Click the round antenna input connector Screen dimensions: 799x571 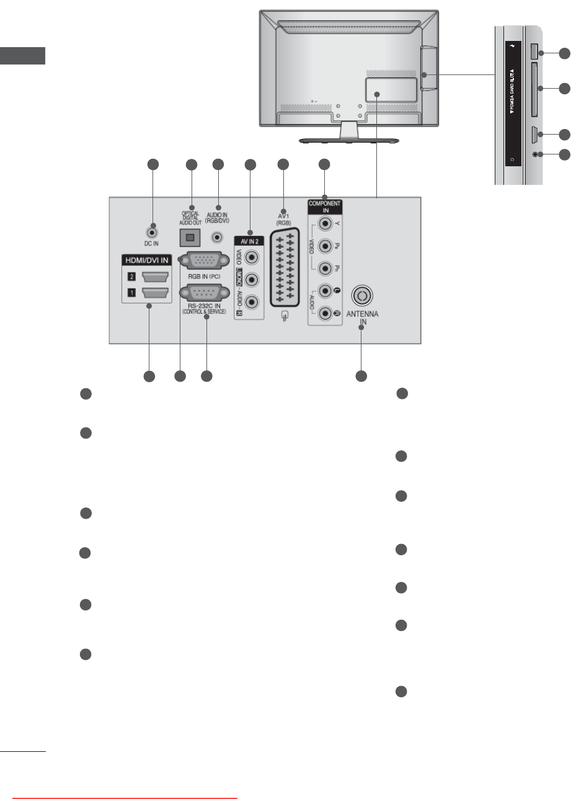click(362, 293)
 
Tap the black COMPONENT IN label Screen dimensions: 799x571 click(324, 207)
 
